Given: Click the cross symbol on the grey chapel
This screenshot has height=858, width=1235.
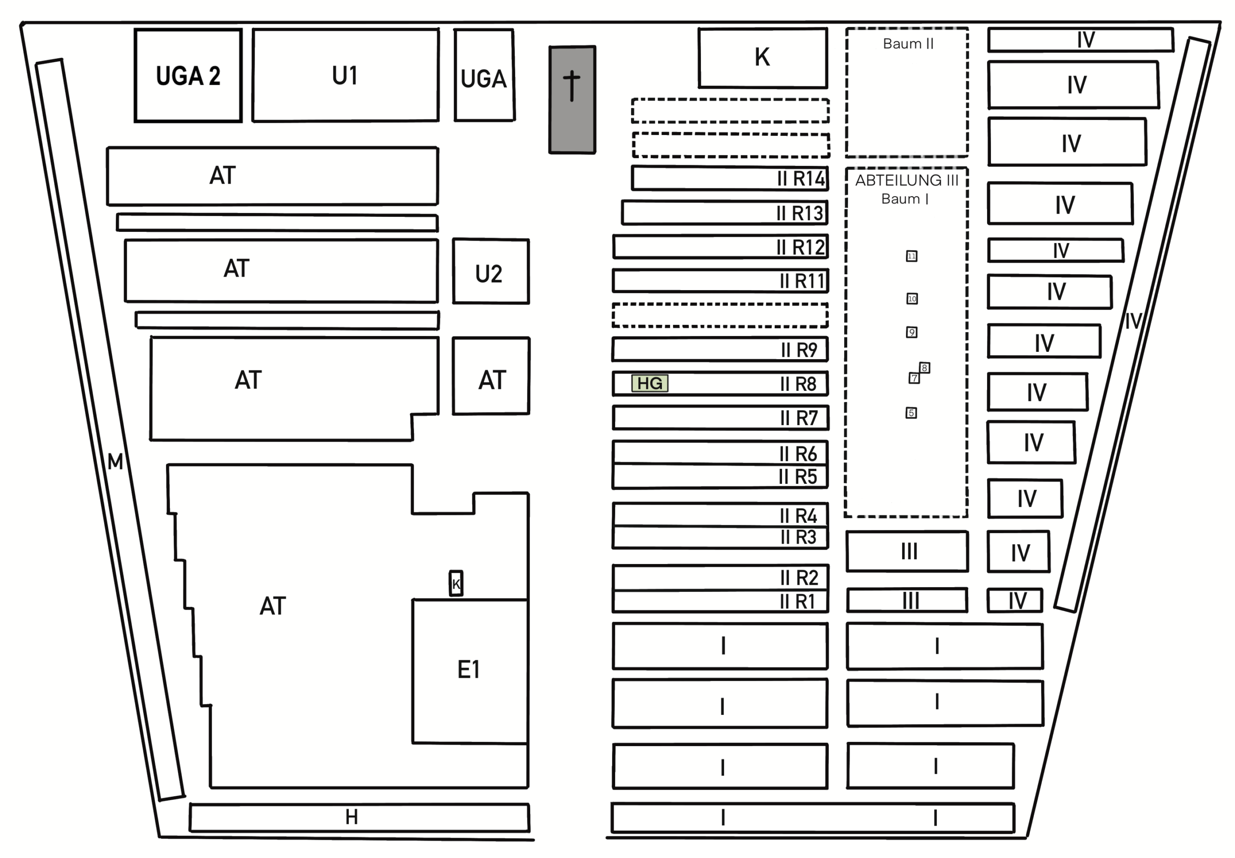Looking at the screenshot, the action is (x=571, y=86).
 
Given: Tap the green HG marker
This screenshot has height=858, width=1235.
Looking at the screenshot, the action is (x=650, y=383).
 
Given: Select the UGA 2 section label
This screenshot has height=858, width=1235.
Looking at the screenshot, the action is (x=188, y=76).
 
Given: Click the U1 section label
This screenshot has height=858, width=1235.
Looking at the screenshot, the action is (x=345, y=76).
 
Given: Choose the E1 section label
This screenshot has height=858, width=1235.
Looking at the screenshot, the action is (x=468, y=670).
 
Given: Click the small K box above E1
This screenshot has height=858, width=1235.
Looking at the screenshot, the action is (x=456, y=583).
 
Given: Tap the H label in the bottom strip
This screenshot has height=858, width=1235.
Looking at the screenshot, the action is (x=352, y=817).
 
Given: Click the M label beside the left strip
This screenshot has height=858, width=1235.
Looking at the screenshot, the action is (x=115, y=461).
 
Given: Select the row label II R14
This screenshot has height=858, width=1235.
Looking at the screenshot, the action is (x=801, y=178).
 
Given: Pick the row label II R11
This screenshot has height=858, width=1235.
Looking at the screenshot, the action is (x=802, y=281).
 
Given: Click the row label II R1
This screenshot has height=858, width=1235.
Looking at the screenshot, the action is (x=797, y=601).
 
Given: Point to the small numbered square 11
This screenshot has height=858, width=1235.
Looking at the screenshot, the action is (x=912, y=256).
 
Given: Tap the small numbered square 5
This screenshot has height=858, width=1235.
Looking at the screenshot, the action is (x=911, y=413).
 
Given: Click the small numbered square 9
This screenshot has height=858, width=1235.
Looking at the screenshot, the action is (x=912, y=332).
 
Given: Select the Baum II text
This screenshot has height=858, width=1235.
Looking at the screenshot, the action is (x=908, y=43).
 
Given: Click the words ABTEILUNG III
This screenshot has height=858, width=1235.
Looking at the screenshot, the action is (x=907, y=180).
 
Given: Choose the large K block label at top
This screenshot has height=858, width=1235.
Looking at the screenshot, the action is (x=762, y=57).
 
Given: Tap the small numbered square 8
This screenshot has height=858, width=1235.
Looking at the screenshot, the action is (x=925, y=368).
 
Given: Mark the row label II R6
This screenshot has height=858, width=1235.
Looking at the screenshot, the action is (x=798, y=454).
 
